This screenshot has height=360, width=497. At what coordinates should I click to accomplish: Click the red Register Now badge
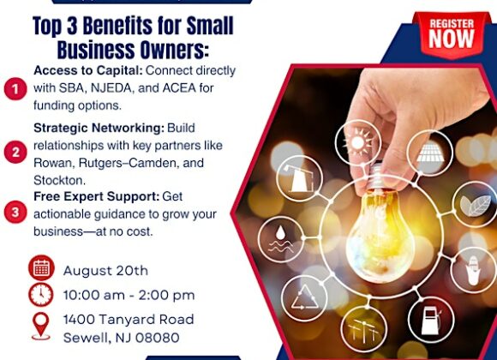click(x=452, y=35)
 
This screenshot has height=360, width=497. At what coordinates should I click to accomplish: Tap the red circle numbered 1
click(x=15, y=89)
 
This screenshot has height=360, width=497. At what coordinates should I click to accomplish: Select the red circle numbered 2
click(x=15, y=153)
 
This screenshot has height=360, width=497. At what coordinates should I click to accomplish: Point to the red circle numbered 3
click(x=15, y=212)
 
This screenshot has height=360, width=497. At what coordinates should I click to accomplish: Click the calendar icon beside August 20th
click(x=41, y=268)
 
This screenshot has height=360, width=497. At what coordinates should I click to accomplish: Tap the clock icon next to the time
click(x=41, y=295)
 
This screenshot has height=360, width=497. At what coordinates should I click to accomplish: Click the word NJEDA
click(x=111, y=88)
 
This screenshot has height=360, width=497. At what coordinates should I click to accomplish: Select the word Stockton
click(x=60, y=180)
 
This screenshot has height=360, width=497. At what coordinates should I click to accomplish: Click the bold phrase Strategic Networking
click(x=99, y=128)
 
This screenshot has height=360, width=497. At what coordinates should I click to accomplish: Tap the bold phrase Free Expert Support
click(x=96, y=196)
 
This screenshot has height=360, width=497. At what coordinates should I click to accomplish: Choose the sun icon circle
click(x=358, y=142)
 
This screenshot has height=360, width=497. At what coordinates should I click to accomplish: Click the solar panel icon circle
click(x=430, y=153)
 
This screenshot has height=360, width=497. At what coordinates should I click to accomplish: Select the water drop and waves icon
click(x=280, y=239)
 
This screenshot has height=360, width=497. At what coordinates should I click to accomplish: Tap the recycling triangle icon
click(x=304, y=298)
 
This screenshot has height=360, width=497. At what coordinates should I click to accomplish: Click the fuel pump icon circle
click(x=431, y=321)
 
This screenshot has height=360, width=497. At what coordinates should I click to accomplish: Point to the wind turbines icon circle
click(x=364, y=330)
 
